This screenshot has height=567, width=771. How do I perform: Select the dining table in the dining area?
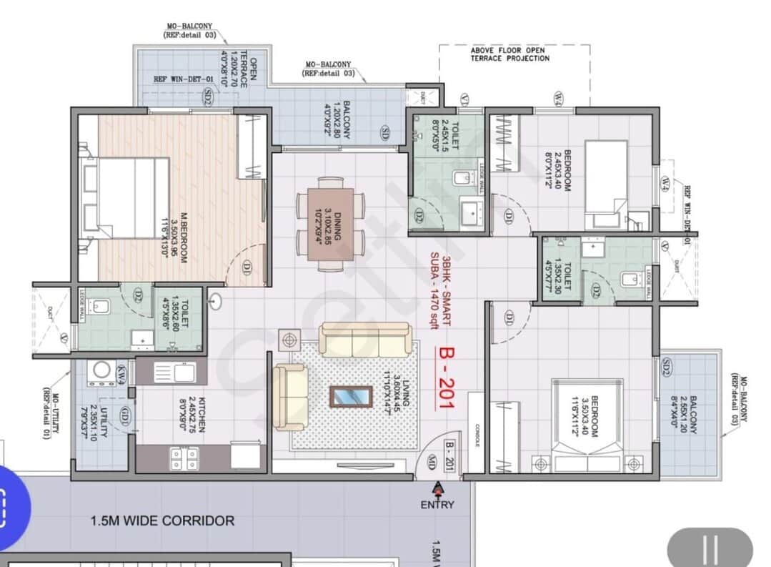click(x=330, y=224)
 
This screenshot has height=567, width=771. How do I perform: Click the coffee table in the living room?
click(x=351, y=396)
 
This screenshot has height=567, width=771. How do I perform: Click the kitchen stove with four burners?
click(x=184, y=458)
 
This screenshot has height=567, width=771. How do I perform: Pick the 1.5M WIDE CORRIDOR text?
click(x=162, y=521)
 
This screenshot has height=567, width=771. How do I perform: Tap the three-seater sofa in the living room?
click(x=365, y=339)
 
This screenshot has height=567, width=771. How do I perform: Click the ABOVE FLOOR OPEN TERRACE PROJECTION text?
click(x=509, y=54)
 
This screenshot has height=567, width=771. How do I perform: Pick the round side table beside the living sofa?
click(x=289, y=340)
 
